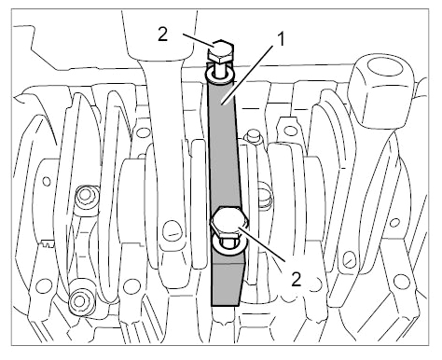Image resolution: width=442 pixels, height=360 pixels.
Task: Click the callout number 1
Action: [x=281, y=40]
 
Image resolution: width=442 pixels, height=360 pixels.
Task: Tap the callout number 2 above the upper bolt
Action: [x=163, y=35]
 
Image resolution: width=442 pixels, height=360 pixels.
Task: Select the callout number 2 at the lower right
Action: [x=297, y=279]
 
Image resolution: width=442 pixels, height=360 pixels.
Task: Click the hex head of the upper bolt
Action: [x=221, y=50]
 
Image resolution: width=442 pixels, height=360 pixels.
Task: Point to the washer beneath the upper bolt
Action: [x=219, y=75]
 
